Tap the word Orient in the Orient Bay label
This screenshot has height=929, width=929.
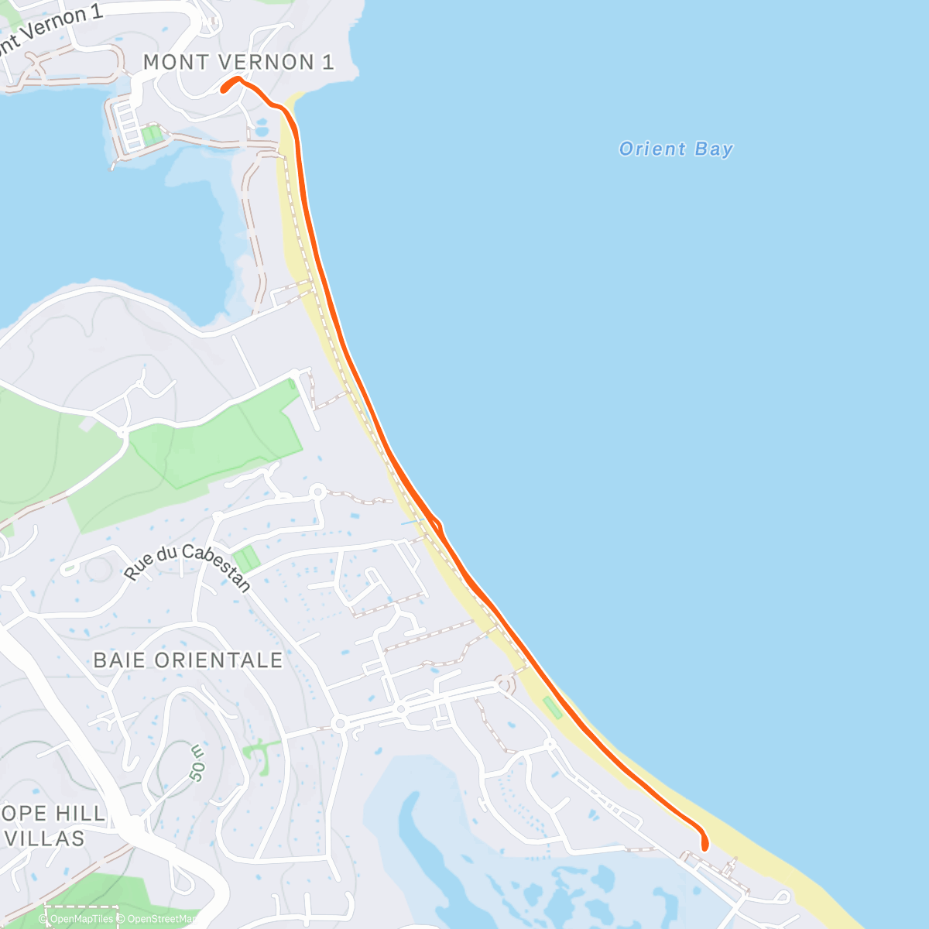653,149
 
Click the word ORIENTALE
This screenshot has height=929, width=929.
219,660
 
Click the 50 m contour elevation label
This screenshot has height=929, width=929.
198,763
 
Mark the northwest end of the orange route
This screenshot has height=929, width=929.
224,90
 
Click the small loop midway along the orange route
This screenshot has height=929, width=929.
438,526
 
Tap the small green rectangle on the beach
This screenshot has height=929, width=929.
552,708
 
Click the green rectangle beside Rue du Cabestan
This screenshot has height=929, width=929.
246,558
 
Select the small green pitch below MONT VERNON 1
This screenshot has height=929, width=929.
152,136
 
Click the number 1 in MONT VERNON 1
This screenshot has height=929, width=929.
327,62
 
